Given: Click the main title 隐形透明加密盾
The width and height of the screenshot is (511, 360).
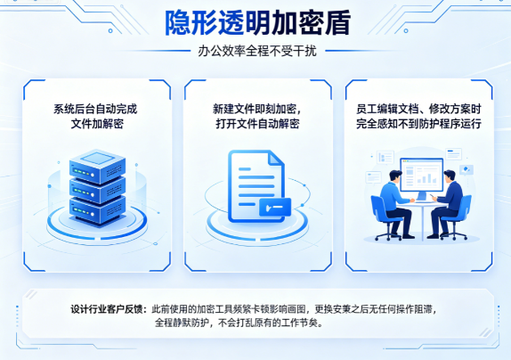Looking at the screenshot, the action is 257,23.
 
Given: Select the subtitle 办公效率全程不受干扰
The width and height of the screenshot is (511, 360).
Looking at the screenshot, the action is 257,51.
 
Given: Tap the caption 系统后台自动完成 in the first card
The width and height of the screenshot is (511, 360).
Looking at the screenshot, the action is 95,109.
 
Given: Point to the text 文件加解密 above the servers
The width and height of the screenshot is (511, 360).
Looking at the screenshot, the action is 97,124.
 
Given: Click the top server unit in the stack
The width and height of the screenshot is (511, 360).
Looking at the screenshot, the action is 97,167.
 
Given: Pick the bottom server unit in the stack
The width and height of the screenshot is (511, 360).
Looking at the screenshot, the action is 97,210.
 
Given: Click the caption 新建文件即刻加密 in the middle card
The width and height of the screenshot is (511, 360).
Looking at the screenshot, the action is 254,109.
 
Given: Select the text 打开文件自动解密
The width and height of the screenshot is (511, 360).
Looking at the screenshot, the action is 257,124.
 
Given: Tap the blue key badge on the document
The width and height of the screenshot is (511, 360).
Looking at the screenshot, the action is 275,207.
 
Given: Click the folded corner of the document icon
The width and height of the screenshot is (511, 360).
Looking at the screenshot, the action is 276,158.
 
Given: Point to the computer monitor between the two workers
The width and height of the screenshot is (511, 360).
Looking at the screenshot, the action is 422,176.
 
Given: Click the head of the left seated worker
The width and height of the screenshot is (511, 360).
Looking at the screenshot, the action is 395,176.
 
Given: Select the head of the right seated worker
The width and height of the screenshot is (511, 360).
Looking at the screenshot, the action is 450,176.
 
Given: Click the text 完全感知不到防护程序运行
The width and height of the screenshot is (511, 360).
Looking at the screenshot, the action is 418,124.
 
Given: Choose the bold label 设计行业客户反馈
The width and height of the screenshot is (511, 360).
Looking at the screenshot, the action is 106,309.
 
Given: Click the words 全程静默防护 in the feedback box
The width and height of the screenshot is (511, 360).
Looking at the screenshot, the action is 182,323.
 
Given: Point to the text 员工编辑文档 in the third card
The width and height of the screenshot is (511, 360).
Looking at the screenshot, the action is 387,109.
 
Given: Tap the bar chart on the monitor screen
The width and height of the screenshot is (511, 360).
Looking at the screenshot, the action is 426,178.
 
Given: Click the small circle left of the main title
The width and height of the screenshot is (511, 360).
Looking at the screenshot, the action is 110,30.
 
